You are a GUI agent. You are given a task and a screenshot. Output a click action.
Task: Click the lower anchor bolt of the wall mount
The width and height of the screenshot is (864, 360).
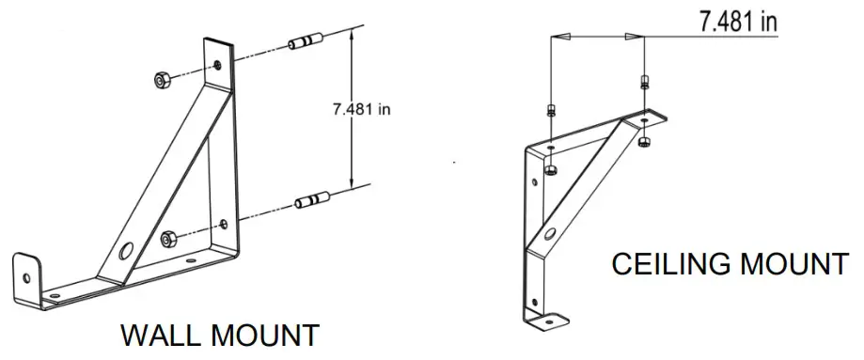coord(311,199)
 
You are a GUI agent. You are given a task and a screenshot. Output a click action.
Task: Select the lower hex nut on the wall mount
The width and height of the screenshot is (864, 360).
coord(169,239)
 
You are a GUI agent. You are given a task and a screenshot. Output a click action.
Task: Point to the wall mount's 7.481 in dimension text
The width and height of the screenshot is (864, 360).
coord(361,110)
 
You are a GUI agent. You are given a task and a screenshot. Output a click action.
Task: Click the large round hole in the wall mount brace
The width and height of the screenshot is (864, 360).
coord(127,251)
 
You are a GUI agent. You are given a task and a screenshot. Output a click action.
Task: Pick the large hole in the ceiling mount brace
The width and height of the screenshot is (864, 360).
coord(548,233)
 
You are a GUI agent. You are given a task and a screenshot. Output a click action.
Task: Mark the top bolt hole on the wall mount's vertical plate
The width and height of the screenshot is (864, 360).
coord(218,66)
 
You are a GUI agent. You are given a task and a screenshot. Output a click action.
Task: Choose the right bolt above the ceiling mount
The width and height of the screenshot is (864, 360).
coord(644,82)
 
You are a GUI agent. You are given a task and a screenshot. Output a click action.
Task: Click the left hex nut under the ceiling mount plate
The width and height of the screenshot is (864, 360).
coord(550,169)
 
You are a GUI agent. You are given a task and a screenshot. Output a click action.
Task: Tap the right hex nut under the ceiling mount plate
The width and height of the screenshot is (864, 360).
coord(644,142)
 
